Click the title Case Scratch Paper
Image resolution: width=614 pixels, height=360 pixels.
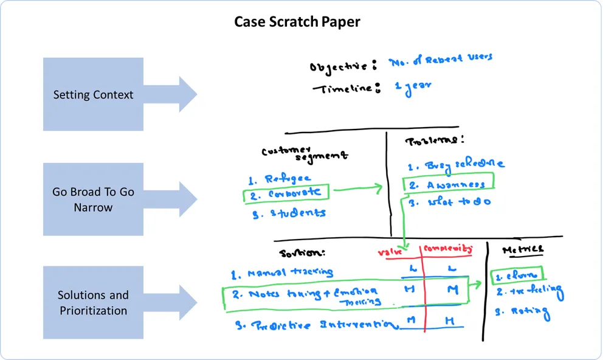pyautogui.click(x=297, y=22)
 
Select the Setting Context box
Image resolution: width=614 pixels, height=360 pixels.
pyautogui.click(x=93, y=94)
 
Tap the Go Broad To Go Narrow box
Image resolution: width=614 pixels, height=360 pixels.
pyautogui.click(x=93, y=199)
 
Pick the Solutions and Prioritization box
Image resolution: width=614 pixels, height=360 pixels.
pyautogui.click(x=93, y=302)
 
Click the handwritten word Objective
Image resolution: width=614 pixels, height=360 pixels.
pyautogui.click(x=339, y=66)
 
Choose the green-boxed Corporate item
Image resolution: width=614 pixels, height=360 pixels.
pyautogui.click(x=286, y=193)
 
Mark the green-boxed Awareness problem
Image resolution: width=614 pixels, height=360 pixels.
pyautogui.click(x=448, y=184)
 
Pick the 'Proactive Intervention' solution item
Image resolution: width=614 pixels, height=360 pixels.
pyautogui.click(x=317, y=325)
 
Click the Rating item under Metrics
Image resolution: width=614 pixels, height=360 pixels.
pyautogui.click(x=522, y=313)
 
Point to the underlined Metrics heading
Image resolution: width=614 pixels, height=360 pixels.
pyautogui.click(x=522, y=250)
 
